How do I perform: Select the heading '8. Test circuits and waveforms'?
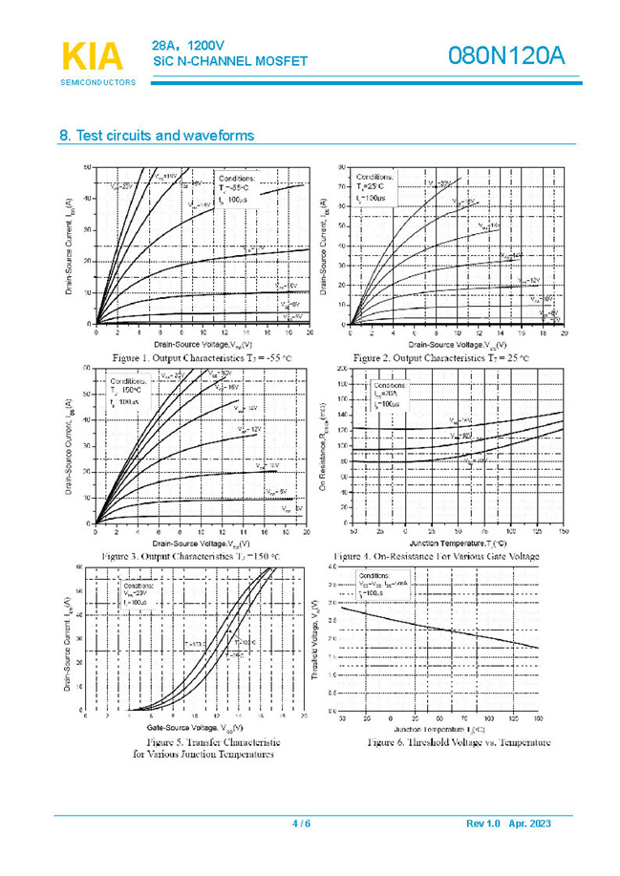[157, 136]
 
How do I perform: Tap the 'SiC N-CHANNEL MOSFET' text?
[230, 61]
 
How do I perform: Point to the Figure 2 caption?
[440, 357]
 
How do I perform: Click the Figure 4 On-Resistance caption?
[436, 556]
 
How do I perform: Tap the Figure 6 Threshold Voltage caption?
[459, 742]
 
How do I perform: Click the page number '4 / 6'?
[301, 823]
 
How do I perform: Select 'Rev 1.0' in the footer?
[483, 823]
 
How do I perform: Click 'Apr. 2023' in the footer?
[530, 823]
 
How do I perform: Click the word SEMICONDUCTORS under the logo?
[98, 82]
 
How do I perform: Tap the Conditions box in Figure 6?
[386, 584]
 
